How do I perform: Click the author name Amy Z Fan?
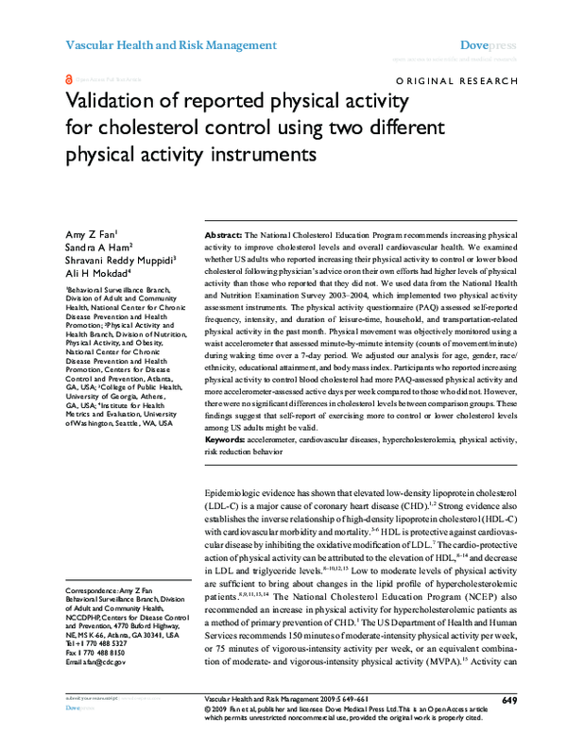tap(89, 231)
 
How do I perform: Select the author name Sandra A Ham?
tap(97, 245)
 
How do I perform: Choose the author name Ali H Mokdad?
tap(95, 271)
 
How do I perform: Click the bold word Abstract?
tap(224, 231)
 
